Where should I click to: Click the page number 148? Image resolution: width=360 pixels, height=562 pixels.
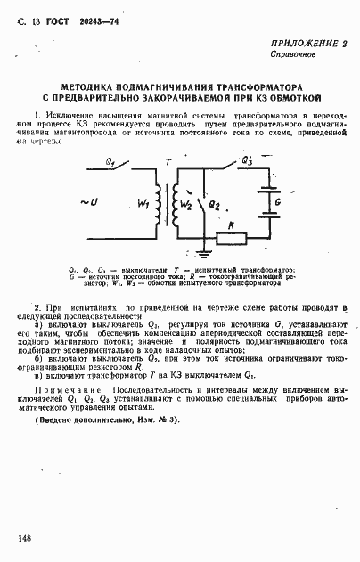point(24,539)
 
